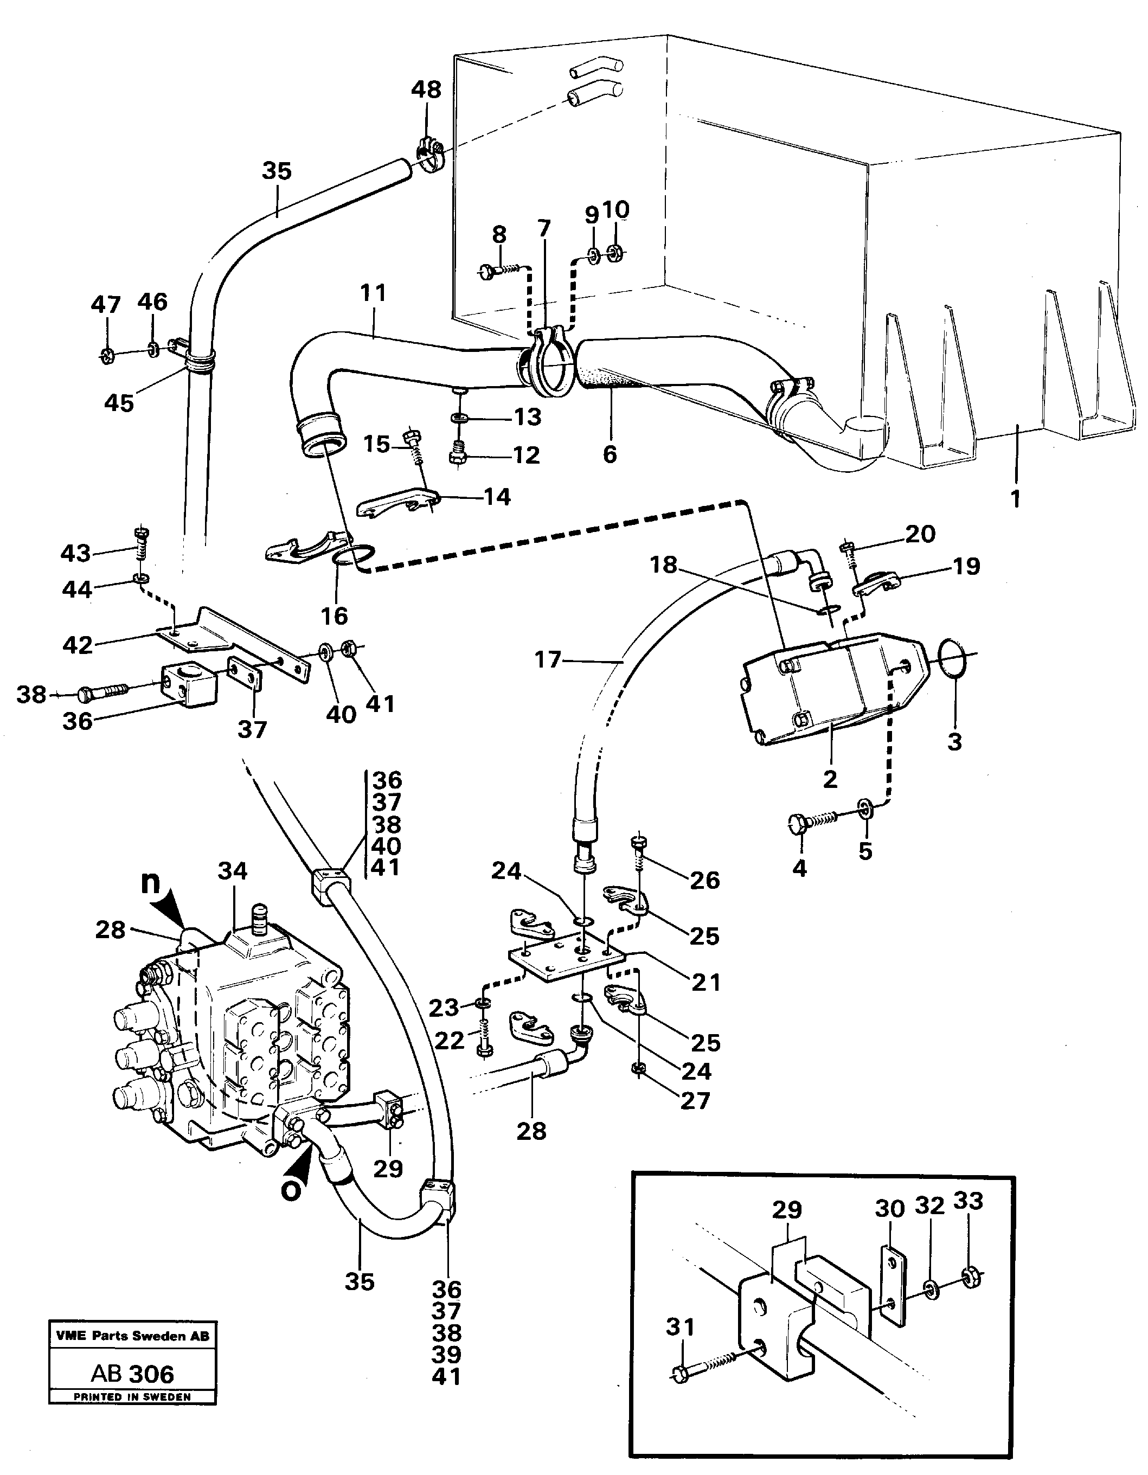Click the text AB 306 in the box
click(x=132, y=1374)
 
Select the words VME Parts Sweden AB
click(x=132, y=1336)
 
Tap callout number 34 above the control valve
click(x=232, y=871)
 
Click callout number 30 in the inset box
click(x=889, y=1208)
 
